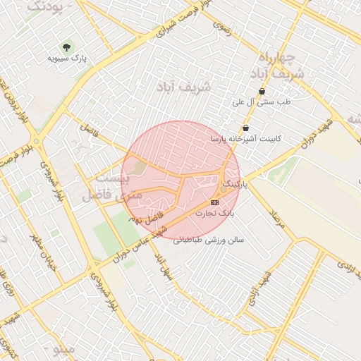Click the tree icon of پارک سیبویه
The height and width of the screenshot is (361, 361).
point(67,47)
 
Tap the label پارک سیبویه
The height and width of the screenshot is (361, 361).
point(68,59)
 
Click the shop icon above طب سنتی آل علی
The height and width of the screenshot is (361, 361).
point(262,92)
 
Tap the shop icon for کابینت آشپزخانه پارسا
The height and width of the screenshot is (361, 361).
point(245,128)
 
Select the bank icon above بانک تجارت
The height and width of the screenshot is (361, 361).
point(215,202)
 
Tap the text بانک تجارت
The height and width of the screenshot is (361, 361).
point(214,212)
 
